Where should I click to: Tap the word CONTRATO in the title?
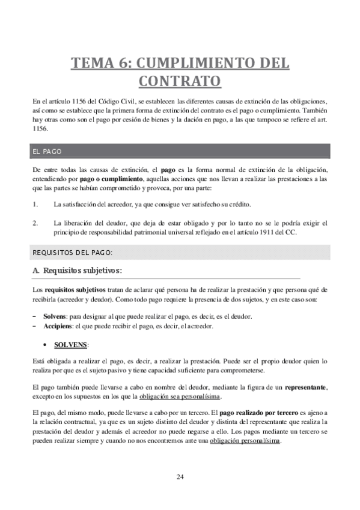[180, 80]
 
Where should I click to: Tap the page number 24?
[180, 477]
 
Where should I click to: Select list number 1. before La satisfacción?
[35, 204]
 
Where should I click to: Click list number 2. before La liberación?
[35, 224]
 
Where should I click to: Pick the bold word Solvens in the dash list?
[55, 316]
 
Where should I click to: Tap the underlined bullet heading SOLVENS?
[71, 345]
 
